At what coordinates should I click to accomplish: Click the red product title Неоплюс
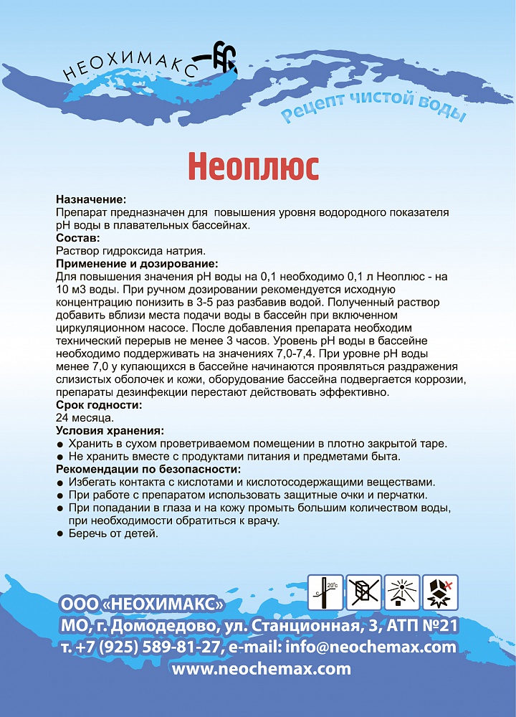click(253, 166)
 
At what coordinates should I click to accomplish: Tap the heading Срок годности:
click(98, 404)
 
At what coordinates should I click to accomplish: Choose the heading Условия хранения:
click(110, 430)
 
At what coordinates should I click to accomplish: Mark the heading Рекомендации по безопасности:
click(145, 469)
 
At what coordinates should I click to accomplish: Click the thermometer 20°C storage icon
click(325, 592)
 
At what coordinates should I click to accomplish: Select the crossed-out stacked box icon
click(364, 592)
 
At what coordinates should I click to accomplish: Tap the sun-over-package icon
click(402, 592)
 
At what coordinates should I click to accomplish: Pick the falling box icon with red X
click(440, 592)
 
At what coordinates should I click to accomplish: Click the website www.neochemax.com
click(262, 669)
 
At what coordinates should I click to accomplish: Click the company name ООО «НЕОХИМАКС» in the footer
click(143, 603)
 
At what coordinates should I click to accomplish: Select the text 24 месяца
click(84, 417)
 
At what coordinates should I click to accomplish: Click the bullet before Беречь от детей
click(60, 534)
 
